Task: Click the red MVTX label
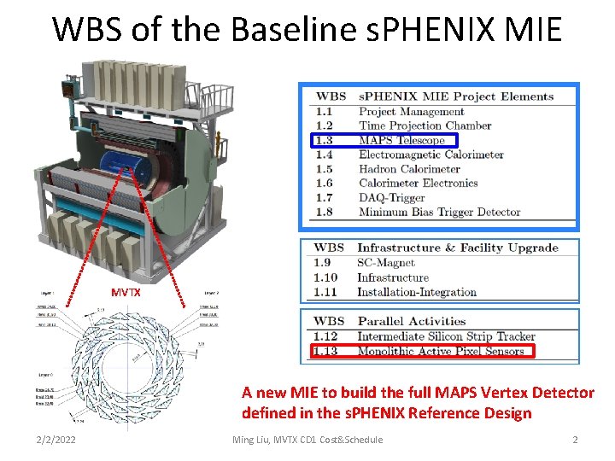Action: point(126,292)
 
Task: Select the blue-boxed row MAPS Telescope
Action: point(401,140)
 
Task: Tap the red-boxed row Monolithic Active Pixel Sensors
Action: point(441,351)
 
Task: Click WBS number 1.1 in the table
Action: point(324,111)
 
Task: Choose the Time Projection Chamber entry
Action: point(425,125)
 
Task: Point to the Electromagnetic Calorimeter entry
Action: point(430,155)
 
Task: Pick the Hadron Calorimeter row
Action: point(409,169)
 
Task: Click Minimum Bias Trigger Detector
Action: point(439,212)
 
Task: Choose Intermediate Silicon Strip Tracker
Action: point(446,336)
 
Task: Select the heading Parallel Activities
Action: point(411,322)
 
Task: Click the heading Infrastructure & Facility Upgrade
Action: point(457,248)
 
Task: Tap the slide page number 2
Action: point(575,439)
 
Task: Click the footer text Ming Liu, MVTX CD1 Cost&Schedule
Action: point(307,439)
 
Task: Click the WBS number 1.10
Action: point(326,277)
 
